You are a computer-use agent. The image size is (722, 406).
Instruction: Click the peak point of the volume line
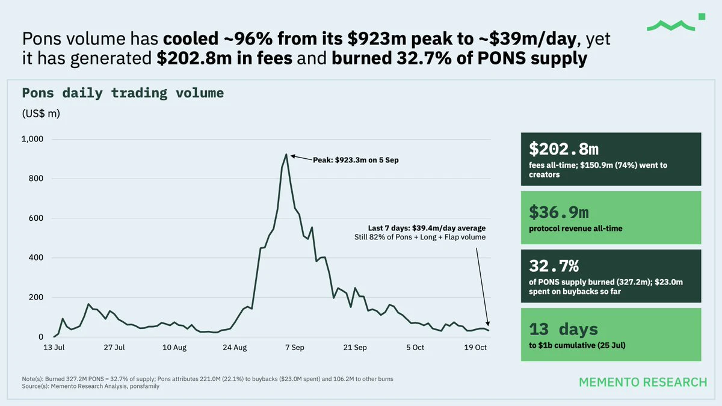point(286,155)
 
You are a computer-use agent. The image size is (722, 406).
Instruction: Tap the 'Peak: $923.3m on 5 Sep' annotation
point(356,160)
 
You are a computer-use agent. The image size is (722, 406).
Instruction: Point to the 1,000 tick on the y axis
point(32,139)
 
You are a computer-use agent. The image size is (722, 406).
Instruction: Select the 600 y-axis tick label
point(35,218)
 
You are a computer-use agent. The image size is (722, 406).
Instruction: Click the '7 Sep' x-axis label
point(295,348)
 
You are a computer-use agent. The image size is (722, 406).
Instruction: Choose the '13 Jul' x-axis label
point(54,348)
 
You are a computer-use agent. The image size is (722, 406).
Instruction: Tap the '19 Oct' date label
point(475,348)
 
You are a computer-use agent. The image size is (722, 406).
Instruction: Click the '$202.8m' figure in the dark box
point(564,149)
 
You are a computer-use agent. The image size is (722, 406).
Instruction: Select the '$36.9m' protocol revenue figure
point(559,212)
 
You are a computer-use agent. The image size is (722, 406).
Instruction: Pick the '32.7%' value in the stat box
point(554,266)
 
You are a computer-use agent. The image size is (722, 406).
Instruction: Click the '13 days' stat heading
point(563,329)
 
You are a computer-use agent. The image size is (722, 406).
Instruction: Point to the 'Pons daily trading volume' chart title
point(123,93)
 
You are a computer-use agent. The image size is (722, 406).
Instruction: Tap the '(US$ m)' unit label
point(41,114)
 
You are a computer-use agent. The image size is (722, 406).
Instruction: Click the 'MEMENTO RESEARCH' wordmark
point(643,382)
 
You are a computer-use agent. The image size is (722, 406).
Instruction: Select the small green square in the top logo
point(702,17)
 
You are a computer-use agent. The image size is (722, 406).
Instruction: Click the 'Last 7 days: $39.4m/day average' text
point(427,228)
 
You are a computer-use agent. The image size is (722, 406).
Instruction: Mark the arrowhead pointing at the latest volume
point(488,324)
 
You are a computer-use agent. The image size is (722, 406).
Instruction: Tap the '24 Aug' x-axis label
point(235,348)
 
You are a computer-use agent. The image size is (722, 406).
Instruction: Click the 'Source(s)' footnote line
point(91,386)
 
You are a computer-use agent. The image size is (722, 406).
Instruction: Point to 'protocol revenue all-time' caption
point(576,229)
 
